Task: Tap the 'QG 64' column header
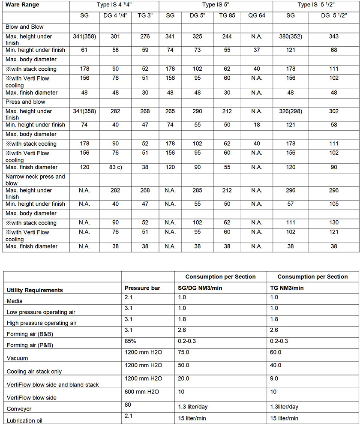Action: coord(256,15)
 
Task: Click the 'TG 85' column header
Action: coord(227,15)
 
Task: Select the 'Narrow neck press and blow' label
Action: coord(35,180)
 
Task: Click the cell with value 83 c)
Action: coord(115,167)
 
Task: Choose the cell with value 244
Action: coord(227,36)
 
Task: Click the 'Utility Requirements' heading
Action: coord(34,290)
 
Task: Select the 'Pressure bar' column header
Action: coord(142,288)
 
